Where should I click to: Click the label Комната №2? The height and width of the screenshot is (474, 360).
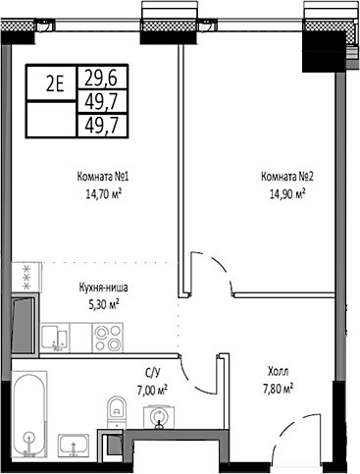pos(286,177)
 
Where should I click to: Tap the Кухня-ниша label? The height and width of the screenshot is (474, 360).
pos(104,289)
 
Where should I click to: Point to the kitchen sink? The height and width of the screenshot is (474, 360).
pos(59,339)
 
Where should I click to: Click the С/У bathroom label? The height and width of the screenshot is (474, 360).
pos(153,373)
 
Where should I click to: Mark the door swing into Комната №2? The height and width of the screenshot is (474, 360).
pos(208,270)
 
